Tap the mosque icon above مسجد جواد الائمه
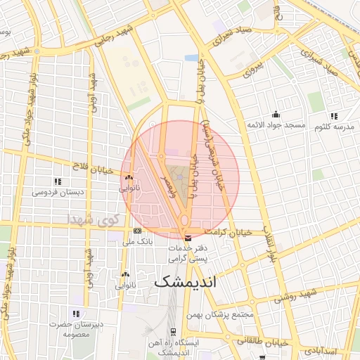[x=276, y=115]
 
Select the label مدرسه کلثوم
[x=333, y=126]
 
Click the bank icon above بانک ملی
[x=137, y=231]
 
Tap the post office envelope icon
[x=186, y=236]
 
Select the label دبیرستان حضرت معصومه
[x=75, y=328]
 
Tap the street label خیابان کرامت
[x=228, y=231]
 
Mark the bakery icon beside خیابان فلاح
[x=128, y=177]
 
